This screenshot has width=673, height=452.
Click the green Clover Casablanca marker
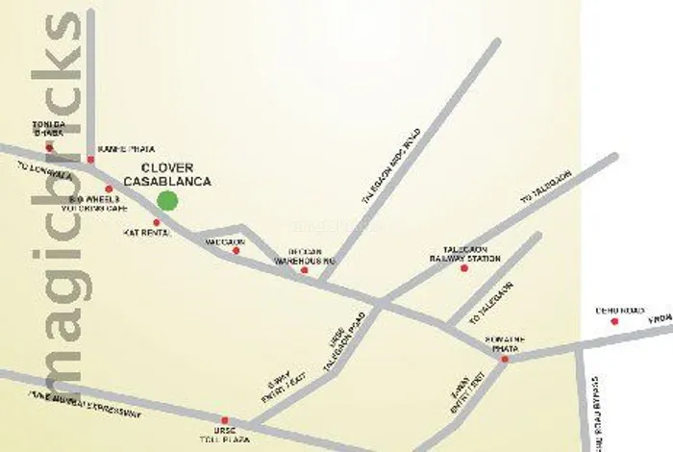pyautogui.click(x=167, y=200)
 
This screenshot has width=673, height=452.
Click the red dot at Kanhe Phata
pyautogui.click(x=90, y=159)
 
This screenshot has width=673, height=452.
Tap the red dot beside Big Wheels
pyautogui.click(x=109, y=189)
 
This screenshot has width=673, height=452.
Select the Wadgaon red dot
pyautogui.click(x=236, y=251)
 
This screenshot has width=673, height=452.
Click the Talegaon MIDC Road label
pyautogui.click(x=391, y=164)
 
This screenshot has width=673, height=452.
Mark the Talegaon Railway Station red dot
pyautogui.click(x=463, y=268)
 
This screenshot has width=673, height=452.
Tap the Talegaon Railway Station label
pyautogui.click(x=472, y=253)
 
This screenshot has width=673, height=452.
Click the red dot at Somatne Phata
pyautogui.click(x=504, y=359)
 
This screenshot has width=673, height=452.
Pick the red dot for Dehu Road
pyautogui.click(x=614, y=321)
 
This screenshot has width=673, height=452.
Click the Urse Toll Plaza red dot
pyautogui.click(x=224, y=420)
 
